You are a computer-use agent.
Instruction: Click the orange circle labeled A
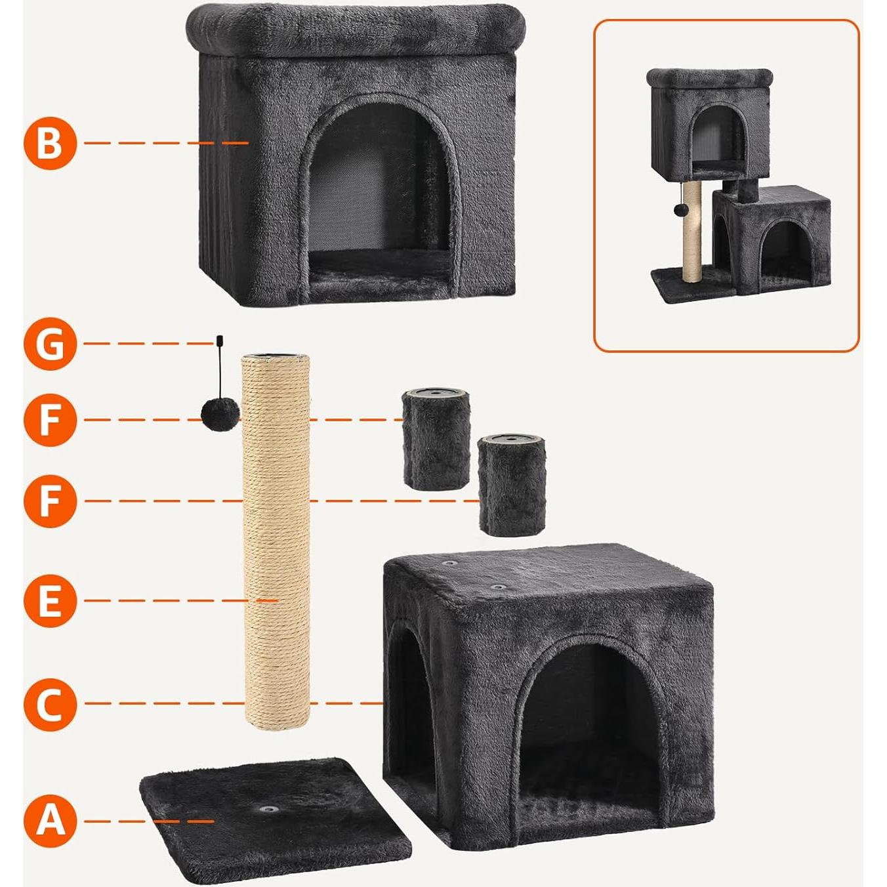coord(51,821)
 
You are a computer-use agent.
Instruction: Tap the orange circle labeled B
coord(51,143)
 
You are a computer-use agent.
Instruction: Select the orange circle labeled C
coord(51,704)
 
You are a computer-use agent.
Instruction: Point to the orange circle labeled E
coord(51,600)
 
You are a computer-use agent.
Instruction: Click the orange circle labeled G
coord(51,343)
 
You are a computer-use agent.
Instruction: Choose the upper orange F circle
coord(51,420)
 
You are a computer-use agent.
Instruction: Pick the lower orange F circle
coord(51,501)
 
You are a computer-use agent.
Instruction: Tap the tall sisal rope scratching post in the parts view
coord(276,538)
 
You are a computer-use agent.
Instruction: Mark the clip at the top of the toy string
coord(218,340)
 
